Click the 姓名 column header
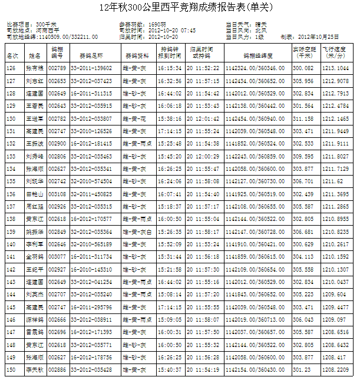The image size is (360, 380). coord(35,55)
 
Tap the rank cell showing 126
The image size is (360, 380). coord(11,68)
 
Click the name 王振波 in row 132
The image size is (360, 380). coord(35,143)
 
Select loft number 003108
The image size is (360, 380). coord(57,194)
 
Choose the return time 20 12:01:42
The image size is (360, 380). coord(203,118)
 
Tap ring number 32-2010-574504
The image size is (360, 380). coord(91,181)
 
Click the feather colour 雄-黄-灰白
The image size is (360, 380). coord(137,232)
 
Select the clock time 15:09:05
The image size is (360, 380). coord(169,319)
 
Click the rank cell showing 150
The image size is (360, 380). coord(11,369)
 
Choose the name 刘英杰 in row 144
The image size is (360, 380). coord(35,294)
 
